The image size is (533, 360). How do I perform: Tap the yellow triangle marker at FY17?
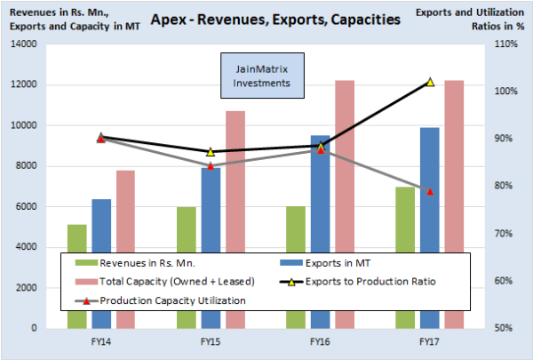[x=430, y=82]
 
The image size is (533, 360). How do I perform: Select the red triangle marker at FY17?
[x=430, y=191]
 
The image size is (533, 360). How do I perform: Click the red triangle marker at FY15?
[x=211, y=166]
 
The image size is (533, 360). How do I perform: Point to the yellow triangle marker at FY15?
[x=211, y=152]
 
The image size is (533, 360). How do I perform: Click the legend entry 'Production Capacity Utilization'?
[x=171, y=300]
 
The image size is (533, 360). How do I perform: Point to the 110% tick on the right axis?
[x=505, y=44]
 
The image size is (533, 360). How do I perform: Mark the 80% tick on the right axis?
[x=504, y=186]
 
